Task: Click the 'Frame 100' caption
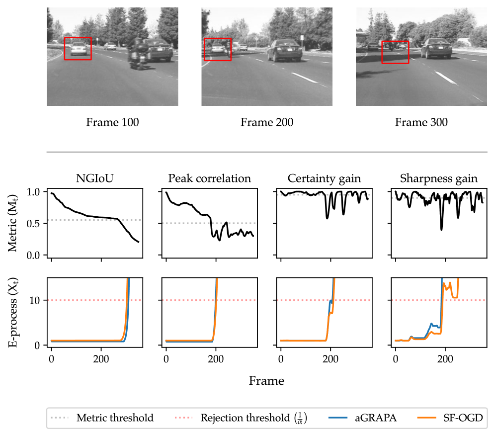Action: click(x=112, y=122)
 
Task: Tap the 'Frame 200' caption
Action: click(x=267, y=122)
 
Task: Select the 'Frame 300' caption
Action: click(x=421, y=122)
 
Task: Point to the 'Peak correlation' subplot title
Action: click(x=209, y=178)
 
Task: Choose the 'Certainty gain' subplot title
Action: click(x=324, y=178)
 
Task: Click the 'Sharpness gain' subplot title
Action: click(x=439, y=178)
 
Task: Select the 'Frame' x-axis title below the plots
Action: click(x=266, y=381)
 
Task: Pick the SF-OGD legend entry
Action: click(x=455, y=418)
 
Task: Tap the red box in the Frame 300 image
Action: click(x=395, y=53)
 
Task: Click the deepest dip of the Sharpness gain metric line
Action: click(x=441, y=229)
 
